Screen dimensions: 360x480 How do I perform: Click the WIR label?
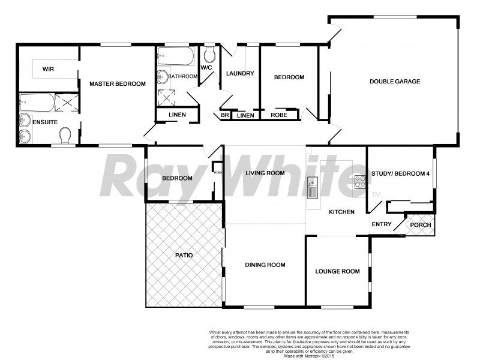pos(49,69)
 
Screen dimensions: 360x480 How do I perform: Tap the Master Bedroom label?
pos(117,84)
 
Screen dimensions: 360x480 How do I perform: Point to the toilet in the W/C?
pos(209,56)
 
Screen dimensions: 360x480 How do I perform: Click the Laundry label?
pos(240,74)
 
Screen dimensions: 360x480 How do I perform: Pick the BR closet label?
pos(225,115)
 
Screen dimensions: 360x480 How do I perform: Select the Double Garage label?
pos(394,82)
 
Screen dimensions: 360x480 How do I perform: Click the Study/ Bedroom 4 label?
pos(400,174)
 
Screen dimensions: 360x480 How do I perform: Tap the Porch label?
pos(419,225)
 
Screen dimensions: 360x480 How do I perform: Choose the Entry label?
pos(382,225)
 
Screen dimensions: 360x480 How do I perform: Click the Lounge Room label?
pos(337,271)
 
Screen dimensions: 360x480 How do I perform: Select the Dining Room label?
pos(265,265)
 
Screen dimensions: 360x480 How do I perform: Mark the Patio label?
pos(184,256)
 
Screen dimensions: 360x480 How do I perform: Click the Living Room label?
pos(265,173)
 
